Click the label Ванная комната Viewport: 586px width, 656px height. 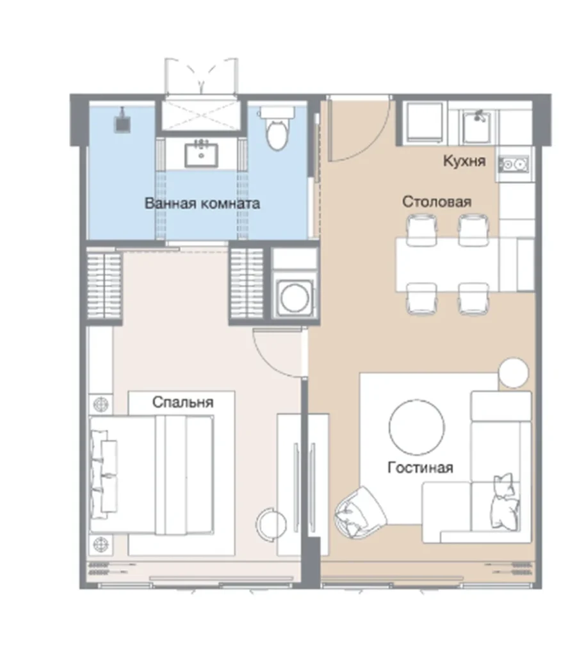coord(202,204)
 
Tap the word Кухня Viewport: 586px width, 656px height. coord(464,161)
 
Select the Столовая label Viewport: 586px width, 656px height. coord(437,202)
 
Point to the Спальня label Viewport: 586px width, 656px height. coord(183,402)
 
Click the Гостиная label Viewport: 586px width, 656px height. coord(420,467)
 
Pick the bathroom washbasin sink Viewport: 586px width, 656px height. coord(202,153)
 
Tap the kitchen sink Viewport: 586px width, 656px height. coord(478,126)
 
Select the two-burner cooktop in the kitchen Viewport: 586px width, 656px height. coord(513,165)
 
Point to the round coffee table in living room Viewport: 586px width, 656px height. coord(416,427)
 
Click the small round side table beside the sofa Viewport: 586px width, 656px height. coord(514,373)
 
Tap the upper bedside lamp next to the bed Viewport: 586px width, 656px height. coord(101,405)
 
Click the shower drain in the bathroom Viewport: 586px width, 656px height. coord(122,122)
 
